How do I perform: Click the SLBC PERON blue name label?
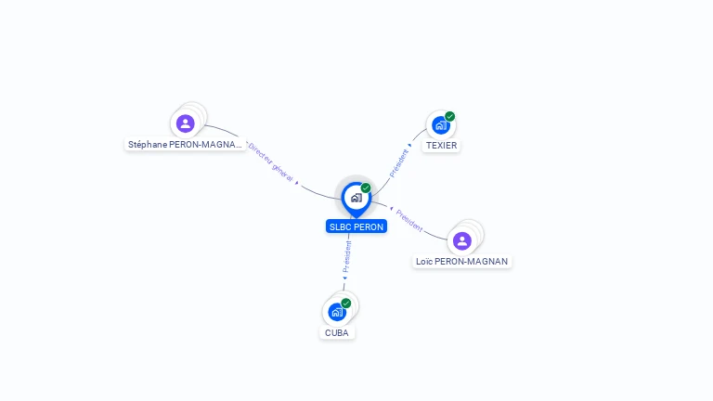(356, 226)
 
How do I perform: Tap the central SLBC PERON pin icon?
(356, 200)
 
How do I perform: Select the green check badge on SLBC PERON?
(366, 188)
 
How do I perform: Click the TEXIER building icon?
(441, 125)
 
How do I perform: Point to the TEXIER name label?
(441, 146)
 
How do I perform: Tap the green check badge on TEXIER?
(449, 116)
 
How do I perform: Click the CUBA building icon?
(337, 312)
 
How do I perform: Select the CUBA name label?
(336, 333)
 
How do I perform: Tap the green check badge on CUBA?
(346, 304)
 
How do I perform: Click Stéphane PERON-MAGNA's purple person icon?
(185, 123)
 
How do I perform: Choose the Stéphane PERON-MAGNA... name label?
(185, 145)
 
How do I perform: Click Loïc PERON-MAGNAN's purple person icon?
(462, 241)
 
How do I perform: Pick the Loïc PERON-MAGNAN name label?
(461, 262)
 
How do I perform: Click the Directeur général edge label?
(270, 162)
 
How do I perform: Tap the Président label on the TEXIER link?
(398, 163)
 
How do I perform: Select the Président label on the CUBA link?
(347, 257)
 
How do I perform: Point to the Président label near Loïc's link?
(409, 221)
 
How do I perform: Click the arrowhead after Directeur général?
(297, 183)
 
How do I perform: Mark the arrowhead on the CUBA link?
(344, 278)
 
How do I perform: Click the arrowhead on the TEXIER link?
(409, 146)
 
